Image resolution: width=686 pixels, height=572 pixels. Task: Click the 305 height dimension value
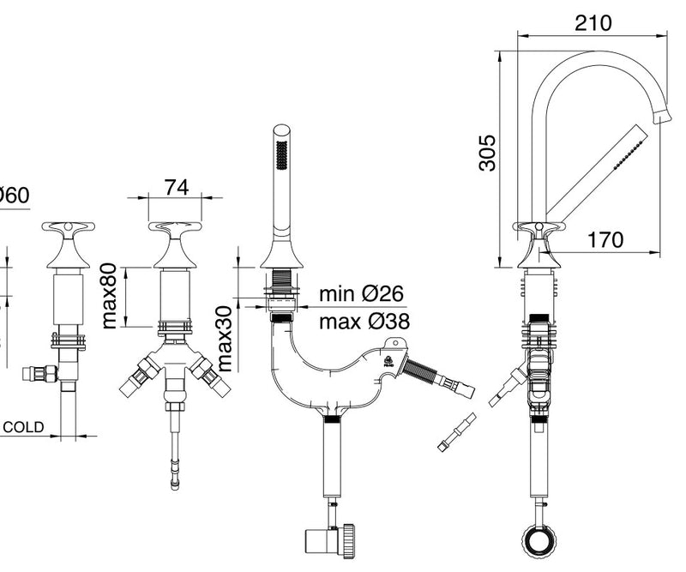tap(487, 153)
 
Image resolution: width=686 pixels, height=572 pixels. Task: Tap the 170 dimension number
tap(605, 239)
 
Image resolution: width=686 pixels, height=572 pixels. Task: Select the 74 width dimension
tap(177, 187)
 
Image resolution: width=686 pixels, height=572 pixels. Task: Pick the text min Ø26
tap(361, 293)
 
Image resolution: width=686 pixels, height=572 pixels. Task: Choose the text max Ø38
tap(364, 322)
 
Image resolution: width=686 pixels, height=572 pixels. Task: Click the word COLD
tap(24, 427)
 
